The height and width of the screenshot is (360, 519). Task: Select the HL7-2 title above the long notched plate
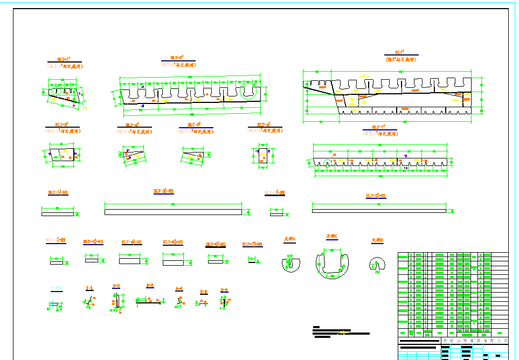click(177, 57)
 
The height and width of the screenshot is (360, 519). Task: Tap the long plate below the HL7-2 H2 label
click(173, 212)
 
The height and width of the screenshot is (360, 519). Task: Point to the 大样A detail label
click(290, 239)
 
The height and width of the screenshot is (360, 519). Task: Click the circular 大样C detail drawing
click(333, 264)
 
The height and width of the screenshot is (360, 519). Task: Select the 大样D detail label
click(377, 240)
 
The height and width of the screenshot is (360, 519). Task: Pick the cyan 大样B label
click(56, 288)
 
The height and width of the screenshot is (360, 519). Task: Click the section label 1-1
click(89, 288)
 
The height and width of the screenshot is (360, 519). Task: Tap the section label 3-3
click(150, 286)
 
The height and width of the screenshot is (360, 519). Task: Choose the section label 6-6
click(224, 290)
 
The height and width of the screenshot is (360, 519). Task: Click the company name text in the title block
click(475, 341)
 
